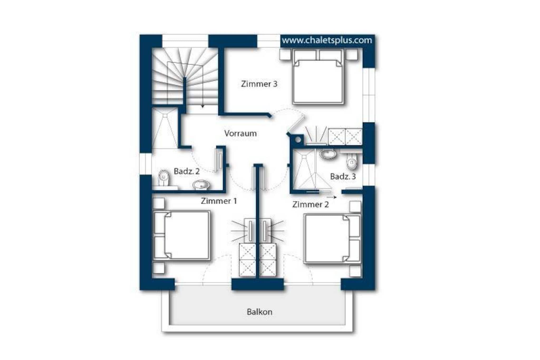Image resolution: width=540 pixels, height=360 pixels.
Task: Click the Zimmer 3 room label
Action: (x=259, y=84)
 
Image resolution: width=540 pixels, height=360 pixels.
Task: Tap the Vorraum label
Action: (x=240, y=133)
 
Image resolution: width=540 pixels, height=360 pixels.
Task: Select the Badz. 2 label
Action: (x=186, y=171)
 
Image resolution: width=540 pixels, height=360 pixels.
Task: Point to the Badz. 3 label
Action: (x=343, y=176)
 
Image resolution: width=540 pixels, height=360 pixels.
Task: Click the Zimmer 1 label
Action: (x=219, y=201)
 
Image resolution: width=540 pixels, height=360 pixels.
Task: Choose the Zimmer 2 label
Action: (x=311, y=204)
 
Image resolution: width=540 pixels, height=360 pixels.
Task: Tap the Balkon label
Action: (x=259, y=312)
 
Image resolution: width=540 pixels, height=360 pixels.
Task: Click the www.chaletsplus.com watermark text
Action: (x=327, y=40)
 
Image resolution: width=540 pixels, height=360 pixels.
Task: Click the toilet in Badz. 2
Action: (x=164, y=178)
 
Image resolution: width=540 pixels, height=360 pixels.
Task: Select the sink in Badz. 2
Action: (x=201, y=185)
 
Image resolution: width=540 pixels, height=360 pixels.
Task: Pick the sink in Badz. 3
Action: (x=328, y=154)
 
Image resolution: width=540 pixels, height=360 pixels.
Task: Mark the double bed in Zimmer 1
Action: (x=181, y=236)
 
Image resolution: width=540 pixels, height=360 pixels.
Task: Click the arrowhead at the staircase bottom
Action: (x=202, y=106)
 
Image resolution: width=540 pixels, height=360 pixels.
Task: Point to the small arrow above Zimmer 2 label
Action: (x=332, y=197)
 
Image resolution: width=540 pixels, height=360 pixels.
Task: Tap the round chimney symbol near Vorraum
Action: (x=298, y=139)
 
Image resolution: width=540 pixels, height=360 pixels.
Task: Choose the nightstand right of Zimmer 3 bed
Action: (x=351, y=55)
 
